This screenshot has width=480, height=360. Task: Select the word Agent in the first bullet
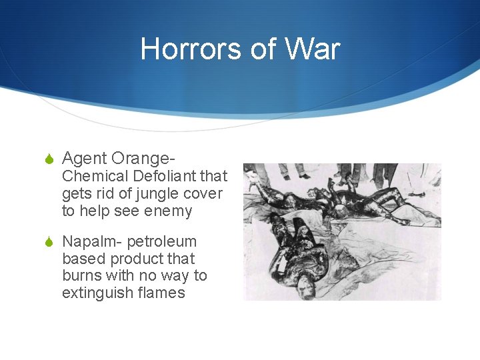[x=85, y=159]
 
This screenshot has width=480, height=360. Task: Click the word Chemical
[x=95, y=177]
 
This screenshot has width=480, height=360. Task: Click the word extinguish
[x=95, y=293]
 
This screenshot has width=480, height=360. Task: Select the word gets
[x=75, y=195]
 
